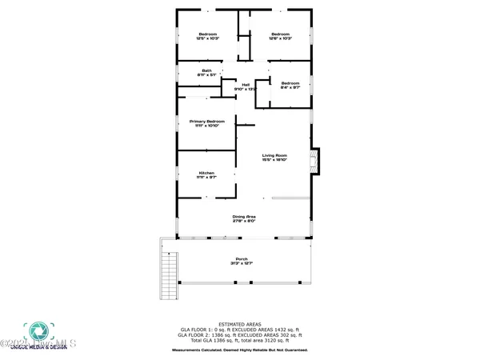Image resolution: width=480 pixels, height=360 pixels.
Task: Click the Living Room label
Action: pyautogui.click(x=274, y=155)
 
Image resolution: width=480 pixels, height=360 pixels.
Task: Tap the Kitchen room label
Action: pyautogui.click(x=206, y=174)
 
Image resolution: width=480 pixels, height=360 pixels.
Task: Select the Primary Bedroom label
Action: pyautogui.click(x=206, y=121)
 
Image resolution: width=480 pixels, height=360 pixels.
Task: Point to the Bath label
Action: pyautogui.click(x=206, y=70)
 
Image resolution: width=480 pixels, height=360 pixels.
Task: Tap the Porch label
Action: pyautogui.click(x=242, y=259)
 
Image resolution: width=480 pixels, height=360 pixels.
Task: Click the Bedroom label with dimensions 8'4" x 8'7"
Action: pyautogui.click(x=290, y=83)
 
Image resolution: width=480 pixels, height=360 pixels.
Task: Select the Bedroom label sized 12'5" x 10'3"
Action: pyautogui.click(x=207, y=34)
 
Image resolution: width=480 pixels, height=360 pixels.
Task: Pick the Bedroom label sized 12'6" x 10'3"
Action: pyautogui.click(x=280, y=34)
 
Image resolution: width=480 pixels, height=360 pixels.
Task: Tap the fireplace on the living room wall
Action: pyautogui.click(x=314, y=158)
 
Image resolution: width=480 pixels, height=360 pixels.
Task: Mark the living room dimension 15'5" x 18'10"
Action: pyautogui.click(x=274, y=161)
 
